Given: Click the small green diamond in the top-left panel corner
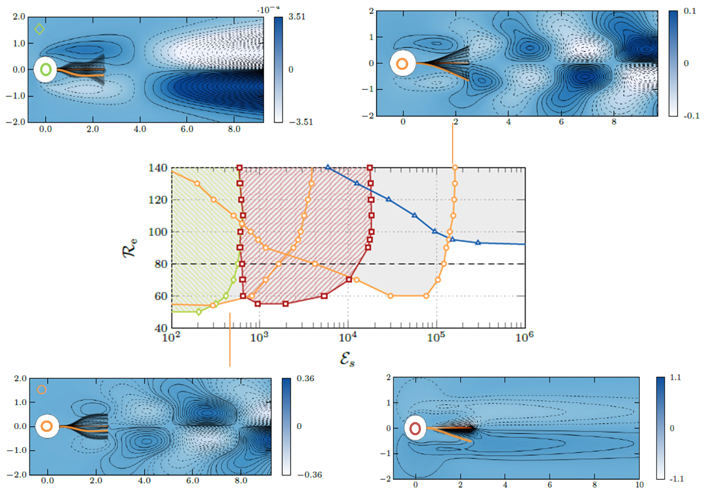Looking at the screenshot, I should [39, 29].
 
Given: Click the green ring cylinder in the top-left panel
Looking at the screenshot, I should [46, 70].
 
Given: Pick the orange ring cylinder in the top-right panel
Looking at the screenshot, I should [402, 64].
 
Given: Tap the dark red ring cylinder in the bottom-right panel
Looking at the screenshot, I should [415, 429].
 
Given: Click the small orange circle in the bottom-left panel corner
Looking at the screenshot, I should [42, 390].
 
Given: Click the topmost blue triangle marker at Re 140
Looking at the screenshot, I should [328, 167].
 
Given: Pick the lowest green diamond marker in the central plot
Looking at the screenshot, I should [199, 311].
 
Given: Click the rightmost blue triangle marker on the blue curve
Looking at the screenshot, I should [478, 243].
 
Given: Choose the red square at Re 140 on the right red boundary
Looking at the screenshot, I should [369, 168].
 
